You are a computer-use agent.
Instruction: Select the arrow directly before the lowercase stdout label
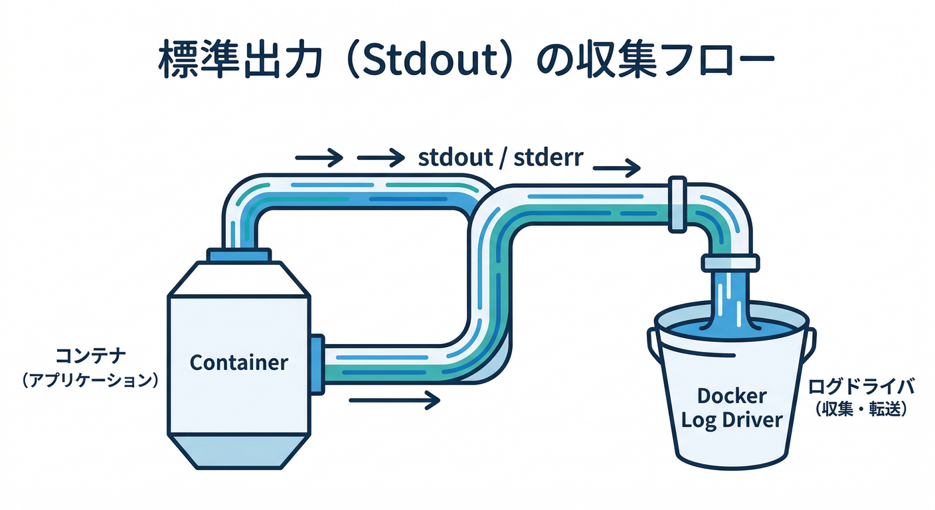(381, 157)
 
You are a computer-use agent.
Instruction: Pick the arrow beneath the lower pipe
(394, 400)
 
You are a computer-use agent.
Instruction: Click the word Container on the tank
(239, 363)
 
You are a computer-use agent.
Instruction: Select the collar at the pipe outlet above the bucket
(729, 263)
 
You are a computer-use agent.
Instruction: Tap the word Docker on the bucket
(732, 396)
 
